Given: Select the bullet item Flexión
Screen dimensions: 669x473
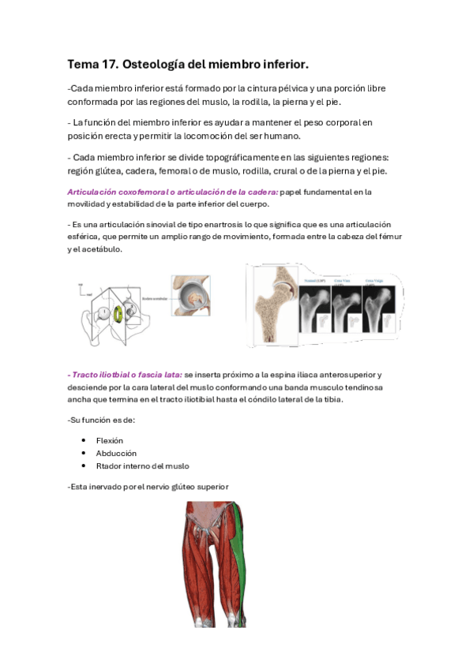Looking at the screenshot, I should [110, 440].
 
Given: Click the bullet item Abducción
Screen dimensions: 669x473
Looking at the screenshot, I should [115, 453].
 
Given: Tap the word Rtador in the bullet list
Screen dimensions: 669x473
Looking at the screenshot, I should [109, 465].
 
